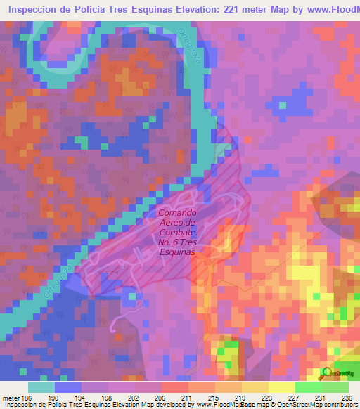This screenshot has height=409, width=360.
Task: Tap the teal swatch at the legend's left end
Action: (41, 387)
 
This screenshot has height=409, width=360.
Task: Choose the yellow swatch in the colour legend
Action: (281, 387)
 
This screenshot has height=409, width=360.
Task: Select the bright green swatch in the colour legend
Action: (308, 387)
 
